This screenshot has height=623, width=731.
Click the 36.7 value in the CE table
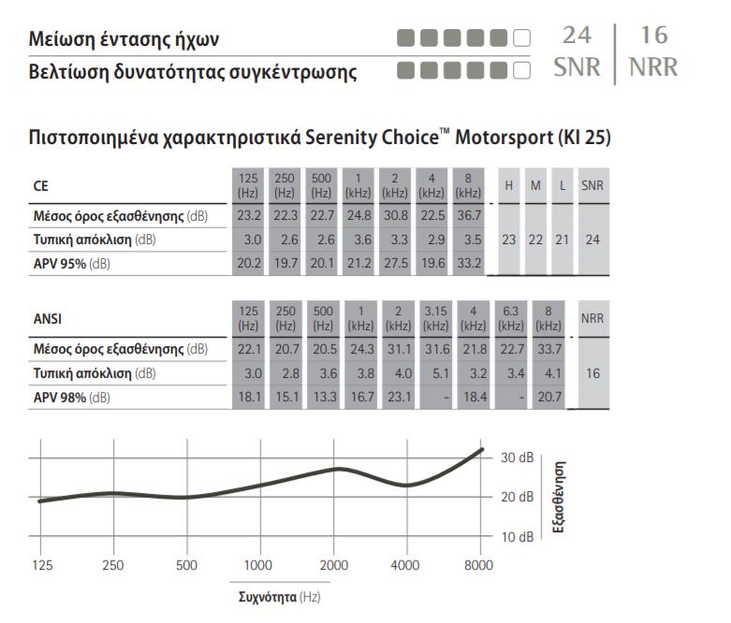pos(469,215)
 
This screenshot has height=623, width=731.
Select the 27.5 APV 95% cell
pos(395,263)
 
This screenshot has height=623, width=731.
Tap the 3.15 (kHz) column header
pos(435,319)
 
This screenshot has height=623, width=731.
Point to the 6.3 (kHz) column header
pos(510,319)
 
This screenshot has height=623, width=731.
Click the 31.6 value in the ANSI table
pos(437,349)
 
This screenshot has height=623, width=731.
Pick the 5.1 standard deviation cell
pos(441,373)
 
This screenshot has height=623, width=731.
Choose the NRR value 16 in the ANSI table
pos(592,373)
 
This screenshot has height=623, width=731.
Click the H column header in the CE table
pos(508,185)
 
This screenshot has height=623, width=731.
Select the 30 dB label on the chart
pos(517,457)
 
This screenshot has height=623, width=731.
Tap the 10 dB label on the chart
pos(517,537)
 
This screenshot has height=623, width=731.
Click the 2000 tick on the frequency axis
pos(334,565)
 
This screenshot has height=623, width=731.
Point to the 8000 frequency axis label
pos(478,565)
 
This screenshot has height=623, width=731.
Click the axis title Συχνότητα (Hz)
pos(279,597)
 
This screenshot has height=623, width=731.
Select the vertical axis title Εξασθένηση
pos(559,497)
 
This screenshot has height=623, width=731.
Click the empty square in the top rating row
pos(521,37)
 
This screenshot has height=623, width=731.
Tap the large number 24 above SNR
pos(577,36)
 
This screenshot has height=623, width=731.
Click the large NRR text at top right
pos(653,67)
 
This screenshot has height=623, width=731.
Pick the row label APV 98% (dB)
pos(72,398)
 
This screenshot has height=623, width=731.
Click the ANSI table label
pos(48,319)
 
